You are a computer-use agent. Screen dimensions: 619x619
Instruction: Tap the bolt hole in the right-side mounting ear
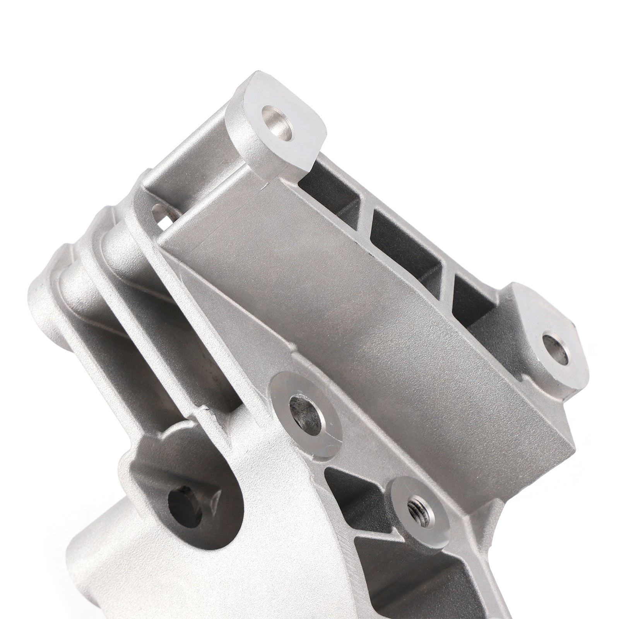coord(556,348)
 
